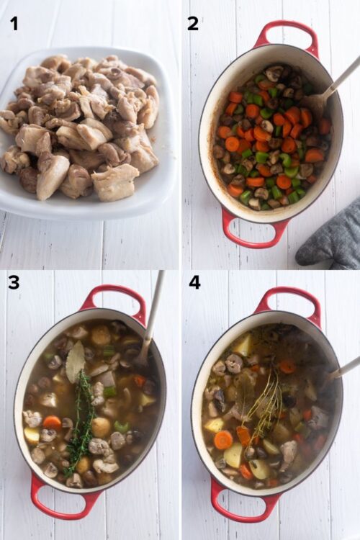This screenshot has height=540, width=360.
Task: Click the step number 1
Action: (14, 24)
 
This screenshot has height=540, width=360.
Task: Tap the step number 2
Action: (193, 24)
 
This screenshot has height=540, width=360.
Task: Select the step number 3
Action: (14, 282)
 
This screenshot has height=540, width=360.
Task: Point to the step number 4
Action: (194, 282)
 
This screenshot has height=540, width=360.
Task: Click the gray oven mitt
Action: (330, 238)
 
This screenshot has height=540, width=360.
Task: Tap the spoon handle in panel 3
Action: (154, 310)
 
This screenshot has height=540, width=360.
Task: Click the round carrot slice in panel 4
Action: (223, 440)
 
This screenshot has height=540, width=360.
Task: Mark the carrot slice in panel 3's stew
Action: (52, 423)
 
